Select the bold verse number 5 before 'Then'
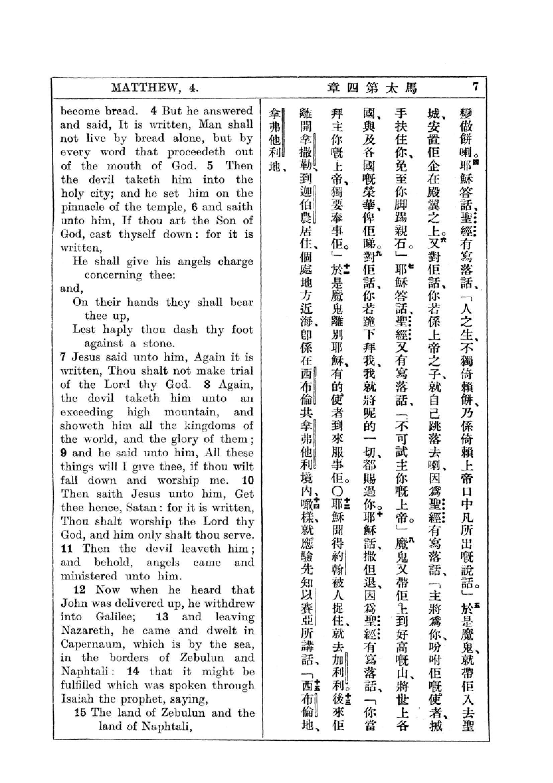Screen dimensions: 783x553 (210, 166)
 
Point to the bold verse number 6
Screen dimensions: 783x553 (195, 207)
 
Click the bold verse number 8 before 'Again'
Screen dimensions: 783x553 (207, 385)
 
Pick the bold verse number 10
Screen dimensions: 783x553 (248, 480)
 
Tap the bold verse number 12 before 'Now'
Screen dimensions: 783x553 (79, 590)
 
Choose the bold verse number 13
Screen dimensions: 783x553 (162, 617)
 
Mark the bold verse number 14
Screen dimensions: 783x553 (133, 672)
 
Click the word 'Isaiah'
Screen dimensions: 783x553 (77, 699)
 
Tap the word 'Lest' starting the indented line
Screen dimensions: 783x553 (84, 329)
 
